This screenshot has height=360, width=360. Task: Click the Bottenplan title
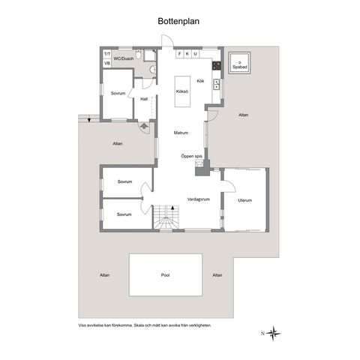178,22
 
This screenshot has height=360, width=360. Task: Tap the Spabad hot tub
239,63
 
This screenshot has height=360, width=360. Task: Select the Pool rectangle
166,274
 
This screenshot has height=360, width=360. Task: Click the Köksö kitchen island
182,91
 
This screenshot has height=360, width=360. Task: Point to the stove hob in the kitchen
217,66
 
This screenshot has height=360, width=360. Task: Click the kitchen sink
216,84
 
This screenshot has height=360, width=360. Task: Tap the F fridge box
179,54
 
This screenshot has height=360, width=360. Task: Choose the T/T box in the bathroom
107,54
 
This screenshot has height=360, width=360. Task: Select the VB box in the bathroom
107,63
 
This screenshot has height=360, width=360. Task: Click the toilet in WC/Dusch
138,54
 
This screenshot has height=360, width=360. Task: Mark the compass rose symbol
273,333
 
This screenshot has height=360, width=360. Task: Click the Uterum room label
244,200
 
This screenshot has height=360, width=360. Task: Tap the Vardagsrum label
199,199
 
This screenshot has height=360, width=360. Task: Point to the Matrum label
181,133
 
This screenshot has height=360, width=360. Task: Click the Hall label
144,99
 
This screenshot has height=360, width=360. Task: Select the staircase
166,217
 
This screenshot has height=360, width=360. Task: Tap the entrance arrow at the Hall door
144,125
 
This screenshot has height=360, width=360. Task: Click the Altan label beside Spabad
244,115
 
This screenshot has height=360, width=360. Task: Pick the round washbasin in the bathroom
152,70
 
